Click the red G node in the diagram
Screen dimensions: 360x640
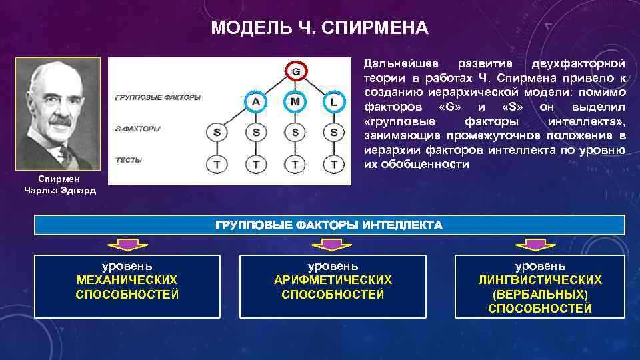click(x=295, y=71)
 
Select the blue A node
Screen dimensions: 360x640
click(x=256, y=102)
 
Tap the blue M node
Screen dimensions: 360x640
click(x=295, y=102)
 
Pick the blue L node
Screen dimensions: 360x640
click(x=333, y=102)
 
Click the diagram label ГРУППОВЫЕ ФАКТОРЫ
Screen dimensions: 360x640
click(x=157, y=97)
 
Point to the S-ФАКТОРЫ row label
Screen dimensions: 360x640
click(x=138, y=128)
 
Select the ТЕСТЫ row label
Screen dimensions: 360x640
click(x=129, y=160)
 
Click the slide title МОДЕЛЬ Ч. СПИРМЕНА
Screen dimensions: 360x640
click(x=319, y=29)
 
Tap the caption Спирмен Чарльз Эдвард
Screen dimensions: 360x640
click(x=59, y=185)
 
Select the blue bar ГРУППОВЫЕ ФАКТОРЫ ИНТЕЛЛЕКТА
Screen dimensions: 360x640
click(x=329, y=225)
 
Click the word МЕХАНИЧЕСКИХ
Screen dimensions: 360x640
click(x=127, y=280)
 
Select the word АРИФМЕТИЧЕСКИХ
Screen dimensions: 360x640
click(x=333, y=280)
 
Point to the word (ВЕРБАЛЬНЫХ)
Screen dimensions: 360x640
click(x=540, y=294)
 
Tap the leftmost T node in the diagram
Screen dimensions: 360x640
click(x=217, y=163)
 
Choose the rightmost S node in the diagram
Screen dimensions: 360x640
click(x=333, y=132)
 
